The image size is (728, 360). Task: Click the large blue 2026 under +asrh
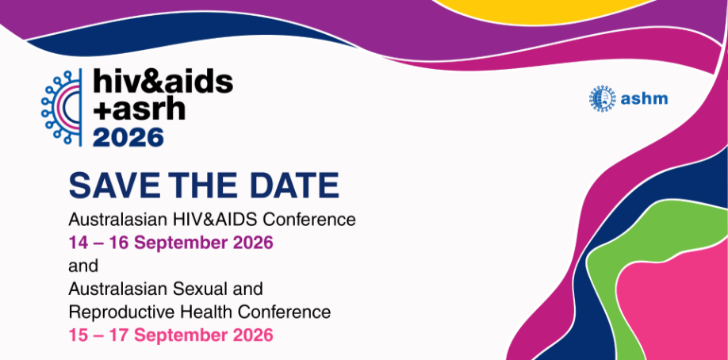(x=128, y=137)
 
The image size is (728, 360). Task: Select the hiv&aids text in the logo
(x=163, y=82)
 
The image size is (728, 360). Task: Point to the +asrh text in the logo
(x=140, y=109)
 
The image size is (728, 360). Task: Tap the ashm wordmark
(x=644, y=98)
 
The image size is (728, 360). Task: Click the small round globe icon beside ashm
(x=602, y=98)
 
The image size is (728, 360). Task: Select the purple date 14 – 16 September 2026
(x=171, y=243)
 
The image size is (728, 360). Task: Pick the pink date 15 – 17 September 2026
(x=171, y=335)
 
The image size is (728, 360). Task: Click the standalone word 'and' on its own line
(x=83, y=266)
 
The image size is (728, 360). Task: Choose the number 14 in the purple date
(x=79, y=243)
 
